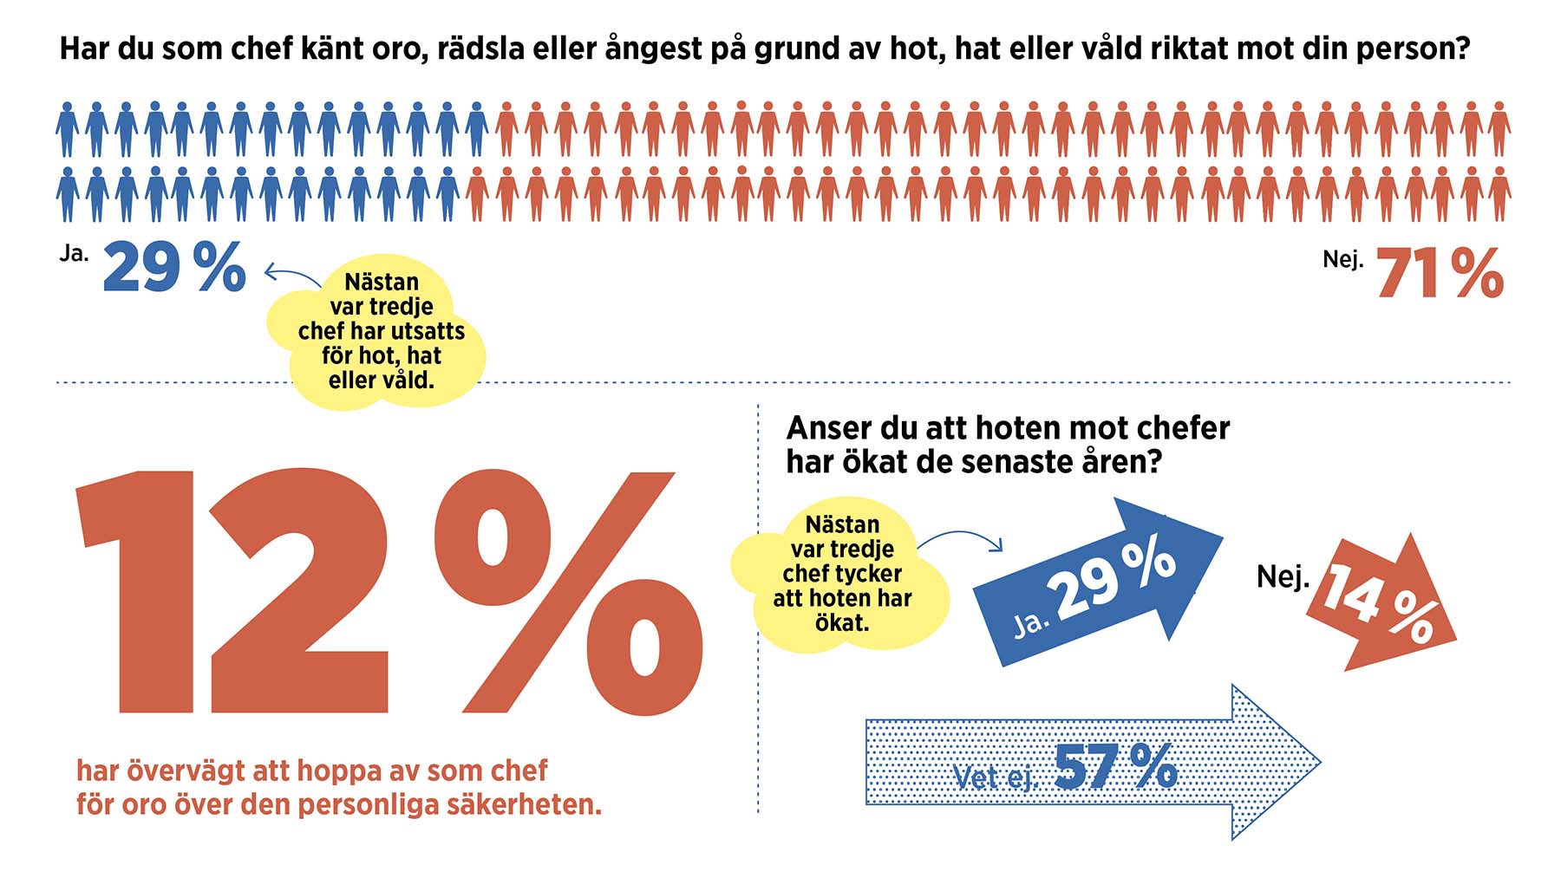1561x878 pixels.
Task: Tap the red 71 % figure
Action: (1440, 274)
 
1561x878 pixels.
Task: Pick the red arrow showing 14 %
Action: (1379, 602)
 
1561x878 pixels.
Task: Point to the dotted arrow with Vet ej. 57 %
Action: (1093, 764)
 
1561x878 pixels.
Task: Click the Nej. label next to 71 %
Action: (1342, 259)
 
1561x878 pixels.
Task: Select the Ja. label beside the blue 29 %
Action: (74, 253)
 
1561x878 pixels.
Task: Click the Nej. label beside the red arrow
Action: (1283, 576)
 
